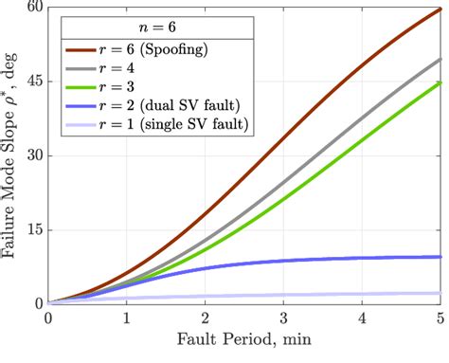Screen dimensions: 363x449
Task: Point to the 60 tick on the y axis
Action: [35, 7]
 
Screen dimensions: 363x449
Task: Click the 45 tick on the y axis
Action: [35, 82]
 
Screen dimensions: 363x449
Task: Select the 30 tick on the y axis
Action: [35, 155]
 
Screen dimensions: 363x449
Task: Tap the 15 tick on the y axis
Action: [35, 229]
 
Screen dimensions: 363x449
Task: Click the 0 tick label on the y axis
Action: [39, 303]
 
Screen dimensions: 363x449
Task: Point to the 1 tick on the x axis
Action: [127, 319]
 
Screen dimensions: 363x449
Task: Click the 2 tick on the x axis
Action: [206, 319]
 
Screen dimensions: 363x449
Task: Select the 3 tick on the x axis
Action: [284, 319]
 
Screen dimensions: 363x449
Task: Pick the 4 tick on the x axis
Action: [363, 319]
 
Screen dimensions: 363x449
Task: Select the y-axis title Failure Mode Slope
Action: [11, 155]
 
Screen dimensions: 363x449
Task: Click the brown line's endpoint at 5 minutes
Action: [441, 10]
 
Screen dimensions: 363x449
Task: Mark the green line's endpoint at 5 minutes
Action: [441, 82]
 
